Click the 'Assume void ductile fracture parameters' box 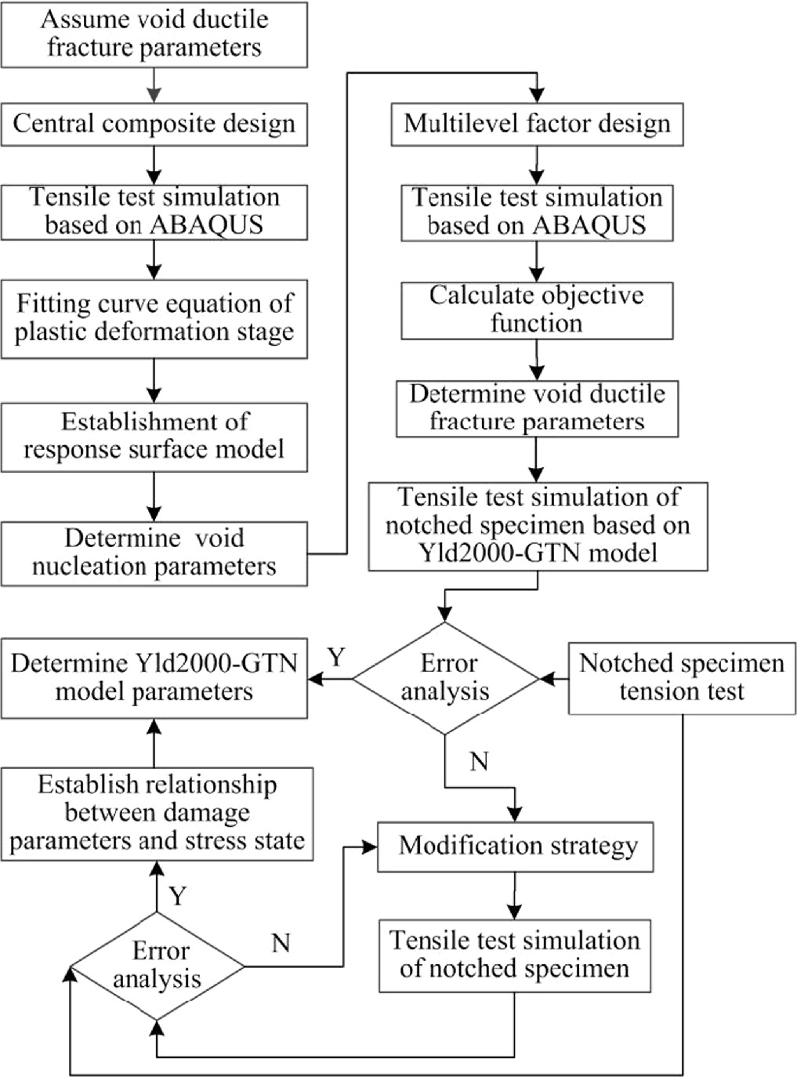[154, 34]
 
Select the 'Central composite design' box [154, 124]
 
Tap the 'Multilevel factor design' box [537, 124]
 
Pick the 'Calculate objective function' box [537, 310]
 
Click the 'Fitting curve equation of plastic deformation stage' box [154, 318]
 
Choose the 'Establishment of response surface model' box [154, 437]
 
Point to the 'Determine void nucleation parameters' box [154, 553]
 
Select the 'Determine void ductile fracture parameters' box [537, 408]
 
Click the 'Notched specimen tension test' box [681, 678]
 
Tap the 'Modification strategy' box [516, 847]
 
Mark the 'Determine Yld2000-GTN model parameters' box [154, 678]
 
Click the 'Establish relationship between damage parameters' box [157, 814]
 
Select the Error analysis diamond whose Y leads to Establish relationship [158, 966]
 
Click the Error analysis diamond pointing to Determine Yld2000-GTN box [445, 678]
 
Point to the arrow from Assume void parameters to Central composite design [154, 85]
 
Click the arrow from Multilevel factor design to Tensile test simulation [537, 165]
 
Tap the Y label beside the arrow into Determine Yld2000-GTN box [336, 657]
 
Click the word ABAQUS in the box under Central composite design [206, 225]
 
